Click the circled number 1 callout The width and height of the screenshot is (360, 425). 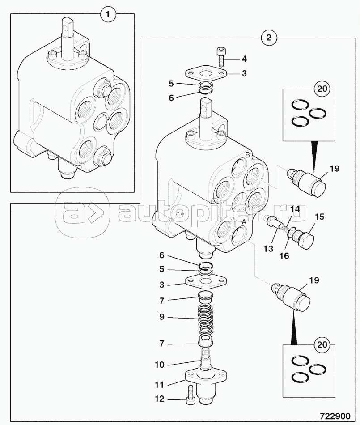[x=108, y=14]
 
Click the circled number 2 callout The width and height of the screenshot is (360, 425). [x=268, y=38]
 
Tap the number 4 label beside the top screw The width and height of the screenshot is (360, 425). [x=244, y=59]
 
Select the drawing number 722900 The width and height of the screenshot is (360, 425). [x=335, y=416]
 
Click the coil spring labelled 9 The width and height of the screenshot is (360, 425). [x=206, y=319]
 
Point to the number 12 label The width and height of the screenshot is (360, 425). [x=159, y=399]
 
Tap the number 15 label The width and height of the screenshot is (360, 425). [x=319, y=217]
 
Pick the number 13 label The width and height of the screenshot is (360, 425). [x=268, y=248]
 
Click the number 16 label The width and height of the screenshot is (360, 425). [x=284, y=255]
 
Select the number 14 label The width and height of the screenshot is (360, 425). [x=295, y=209]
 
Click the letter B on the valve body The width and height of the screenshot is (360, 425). [x=247, y=155]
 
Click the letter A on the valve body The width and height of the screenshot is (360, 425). [x=244, y=222]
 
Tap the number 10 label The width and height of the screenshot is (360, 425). [x=159, y=365]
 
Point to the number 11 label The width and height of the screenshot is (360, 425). [x=159, y=385]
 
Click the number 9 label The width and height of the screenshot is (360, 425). [x=162, y=317]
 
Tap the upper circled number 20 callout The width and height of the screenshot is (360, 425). [x=322, y=89]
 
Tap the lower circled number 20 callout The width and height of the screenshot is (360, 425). [x=322, y=345]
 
